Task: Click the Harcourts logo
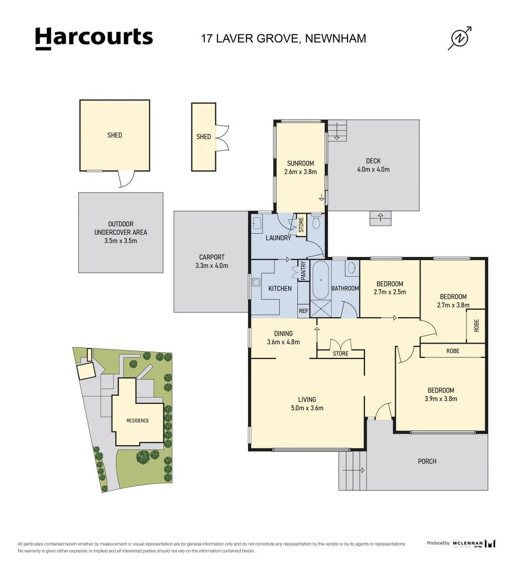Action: (94, 38)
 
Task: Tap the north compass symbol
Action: (460, 38)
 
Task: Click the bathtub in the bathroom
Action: (321, 280)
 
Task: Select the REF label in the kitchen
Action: (304, 311)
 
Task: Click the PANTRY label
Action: (304, 270)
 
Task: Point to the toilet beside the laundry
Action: (316, 222)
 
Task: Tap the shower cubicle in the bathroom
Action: (321, 309)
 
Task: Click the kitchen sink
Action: (256, 282)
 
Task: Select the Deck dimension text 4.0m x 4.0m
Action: (373, 169)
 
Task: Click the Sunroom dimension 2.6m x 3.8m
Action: (300, 172)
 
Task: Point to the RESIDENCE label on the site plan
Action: (138, 421)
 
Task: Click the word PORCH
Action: (427, 462)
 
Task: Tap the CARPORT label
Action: (212, 257)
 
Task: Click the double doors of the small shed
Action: (222, 138)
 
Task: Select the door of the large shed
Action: (126, 179)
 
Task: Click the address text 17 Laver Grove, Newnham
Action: (284, 38)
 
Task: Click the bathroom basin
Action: (352, 268)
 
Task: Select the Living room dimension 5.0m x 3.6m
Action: (307, 408)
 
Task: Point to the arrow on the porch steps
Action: (354, 470)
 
